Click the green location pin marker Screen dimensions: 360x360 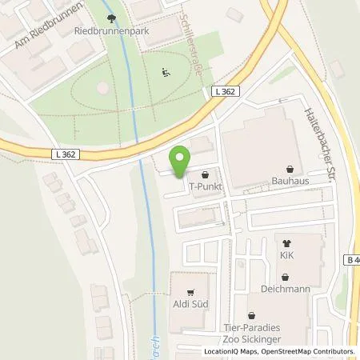click(x=181, y=162)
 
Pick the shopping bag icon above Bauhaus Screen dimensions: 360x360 click(x=290, y=168)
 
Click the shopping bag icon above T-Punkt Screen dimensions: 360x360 click(x=206, y=173)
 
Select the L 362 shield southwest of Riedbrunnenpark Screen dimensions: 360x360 click(x=66, y=154)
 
